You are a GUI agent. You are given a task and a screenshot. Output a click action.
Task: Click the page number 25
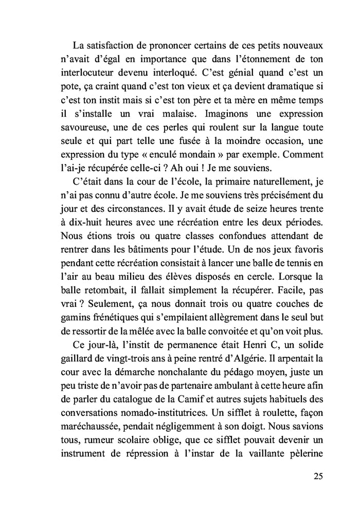coord(318,476)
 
